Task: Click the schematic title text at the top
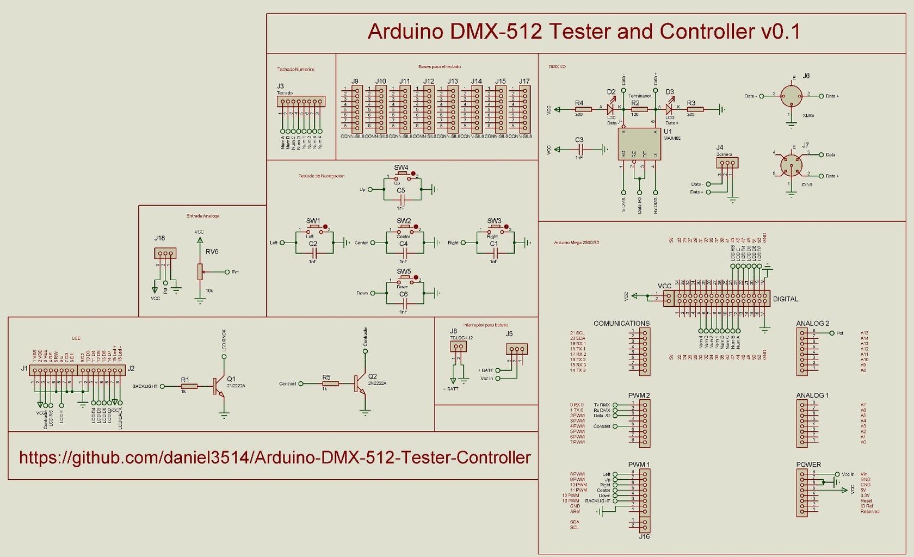click(x=584, y=32)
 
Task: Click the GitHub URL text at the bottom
click(x=275, y=457)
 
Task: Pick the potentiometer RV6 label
click(x=212, y=251)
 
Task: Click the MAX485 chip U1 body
click(x=639, y=144)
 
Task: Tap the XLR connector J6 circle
click(x=791, y=96)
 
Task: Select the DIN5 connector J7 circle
click(x=791, y=165)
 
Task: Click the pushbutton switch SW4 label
click(x=401, y=168)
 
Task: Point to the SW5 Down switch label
click(x=404, y=271)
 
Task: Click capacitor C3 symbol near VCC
click(x=580, y=148)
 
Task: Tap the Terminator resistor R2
click(x=639, y=109)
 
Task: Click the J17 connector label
click(x=524, y=81)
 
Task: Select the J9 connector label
click(x=355, y=81)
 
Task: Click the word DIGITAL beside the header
click(x=786, y=299)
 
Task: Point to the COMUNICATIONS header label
click(x=621, y=323)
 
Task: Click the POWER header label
click(x=808, y=465)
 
